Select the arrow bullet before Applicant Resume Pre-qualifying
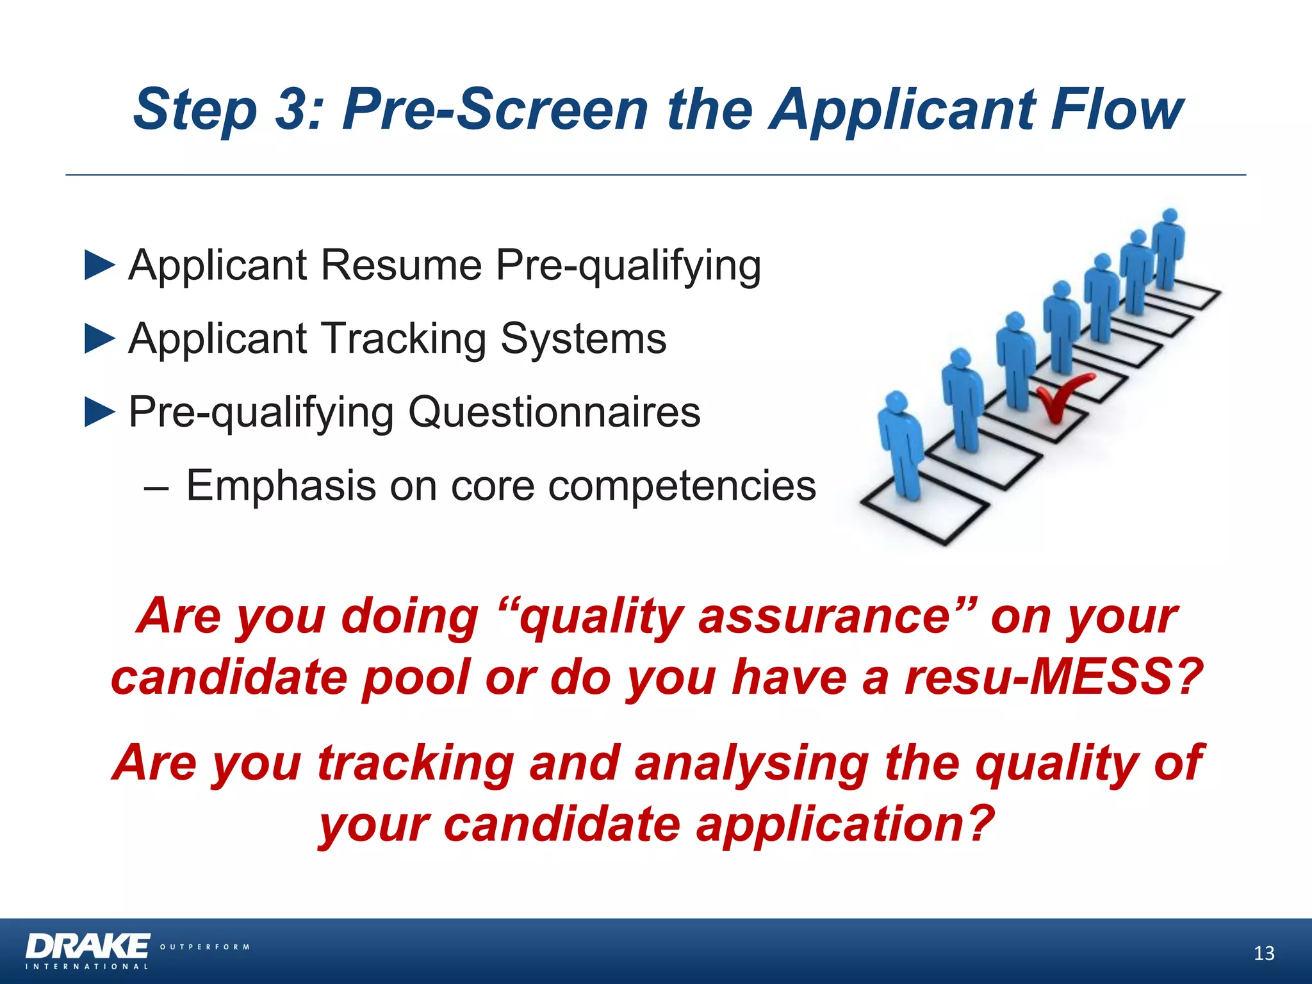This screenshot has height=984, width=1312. pyautogui.click(x=99, y=265)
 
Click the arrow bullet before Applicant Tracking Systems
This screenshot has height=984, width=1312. pyautogui.click(x=99, y=339)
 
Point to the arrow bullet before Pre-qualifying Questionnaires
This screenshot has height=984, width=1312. pyautogui.click(x=99, y=412)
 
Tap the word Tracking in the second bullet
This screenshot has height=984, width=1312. pyautogui.click(x=404, y=339)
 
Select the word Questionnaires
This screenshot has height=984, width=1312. pyautogui.click(x=554, y=412)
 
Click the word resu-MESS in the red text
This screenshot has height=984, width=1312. pyautogui.click(x=1051, y=677)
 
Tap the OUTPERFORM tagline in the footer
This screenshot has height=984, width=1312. pyautogui.click(x=204, y=947)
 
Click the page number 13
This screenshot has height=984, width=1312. pyautogui.click(x=1263, y=954)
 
